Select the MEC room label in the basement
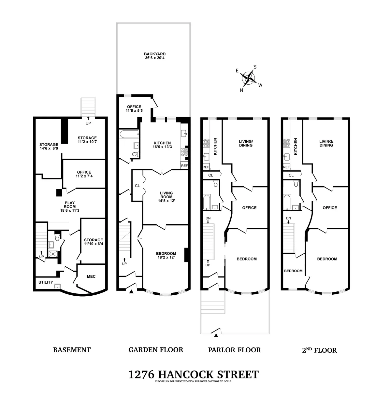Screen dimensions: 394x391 tap(91, 276)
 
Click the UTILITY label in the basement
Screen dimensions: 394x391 tap(46, 282)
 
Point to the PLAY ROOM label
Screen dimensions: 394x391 tap(70, 206)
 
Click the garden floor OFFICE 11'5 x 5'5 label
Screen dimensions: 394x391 tap(134, 109)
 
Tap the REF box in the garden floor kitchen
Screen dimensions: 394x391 tap(184, 166)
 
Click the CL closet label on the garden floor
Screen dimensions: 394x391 tap(137, 186)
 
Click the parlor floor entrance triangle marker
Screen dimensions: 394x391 tap(216, 335)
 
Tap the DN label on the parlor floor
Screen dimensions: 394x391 tap(208, 218)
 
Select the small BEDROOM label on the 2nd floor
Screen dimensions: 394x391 tap(293, 271)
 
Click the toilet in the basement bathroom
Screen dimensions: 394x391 tap(58, 238)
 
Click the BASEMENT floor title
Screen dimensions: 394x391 tap(72, 350)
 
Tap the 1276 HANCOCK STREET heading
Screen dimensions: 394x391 tap(194, 374)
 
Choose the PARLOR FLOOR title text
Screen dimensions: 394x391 tap(234, 350)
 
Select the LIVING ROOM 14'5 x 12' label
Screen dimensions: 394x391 tap(166, 197)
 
